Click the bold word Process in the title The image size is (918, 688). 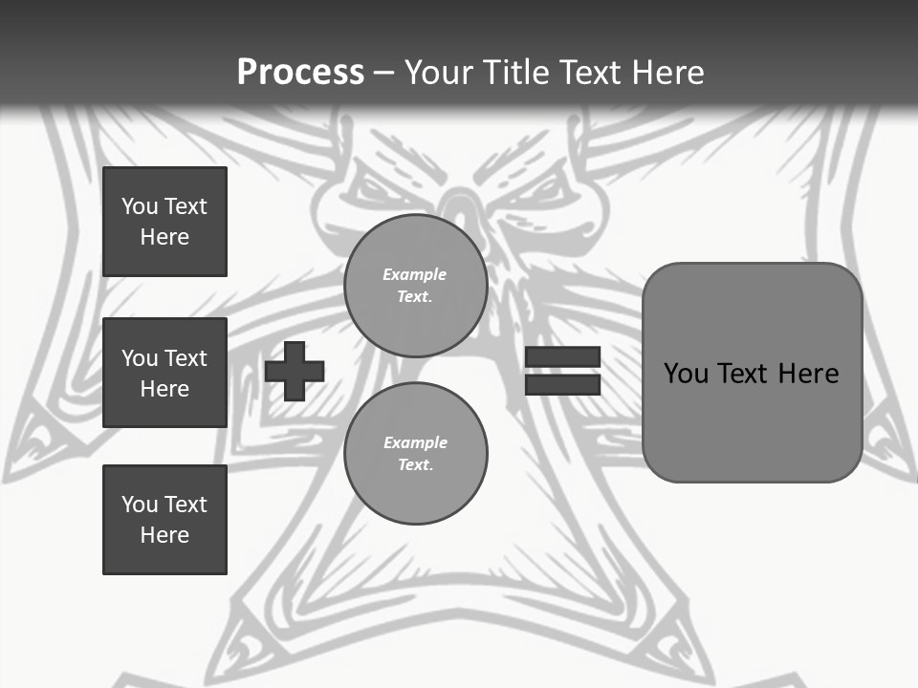(300, 73)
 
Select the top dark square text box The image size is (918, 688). (164, 222)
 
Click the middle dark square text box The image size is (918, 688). (164, 373)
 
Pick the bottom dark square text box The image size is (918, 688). (164, 520)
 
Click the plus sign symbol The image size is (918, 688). (295, 371)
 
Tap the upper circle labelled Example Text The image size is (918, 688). (415, 286)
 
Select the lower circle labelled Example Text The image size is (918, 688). (415, 453)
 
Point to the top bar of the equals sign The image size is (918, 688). (562, 357)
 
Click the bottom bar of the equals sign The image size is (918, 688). (562, 384)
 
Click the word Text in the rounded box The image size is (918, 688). (745, 374)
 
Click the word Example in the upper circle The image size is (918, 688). (414, 274)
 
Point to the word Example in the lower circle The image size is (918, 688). (415, 442)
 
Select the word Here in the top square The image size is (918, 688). (164, 237)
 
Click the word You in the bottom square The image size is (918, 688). (139, 505)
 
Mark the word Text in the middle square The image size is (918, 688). (185, 358)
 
